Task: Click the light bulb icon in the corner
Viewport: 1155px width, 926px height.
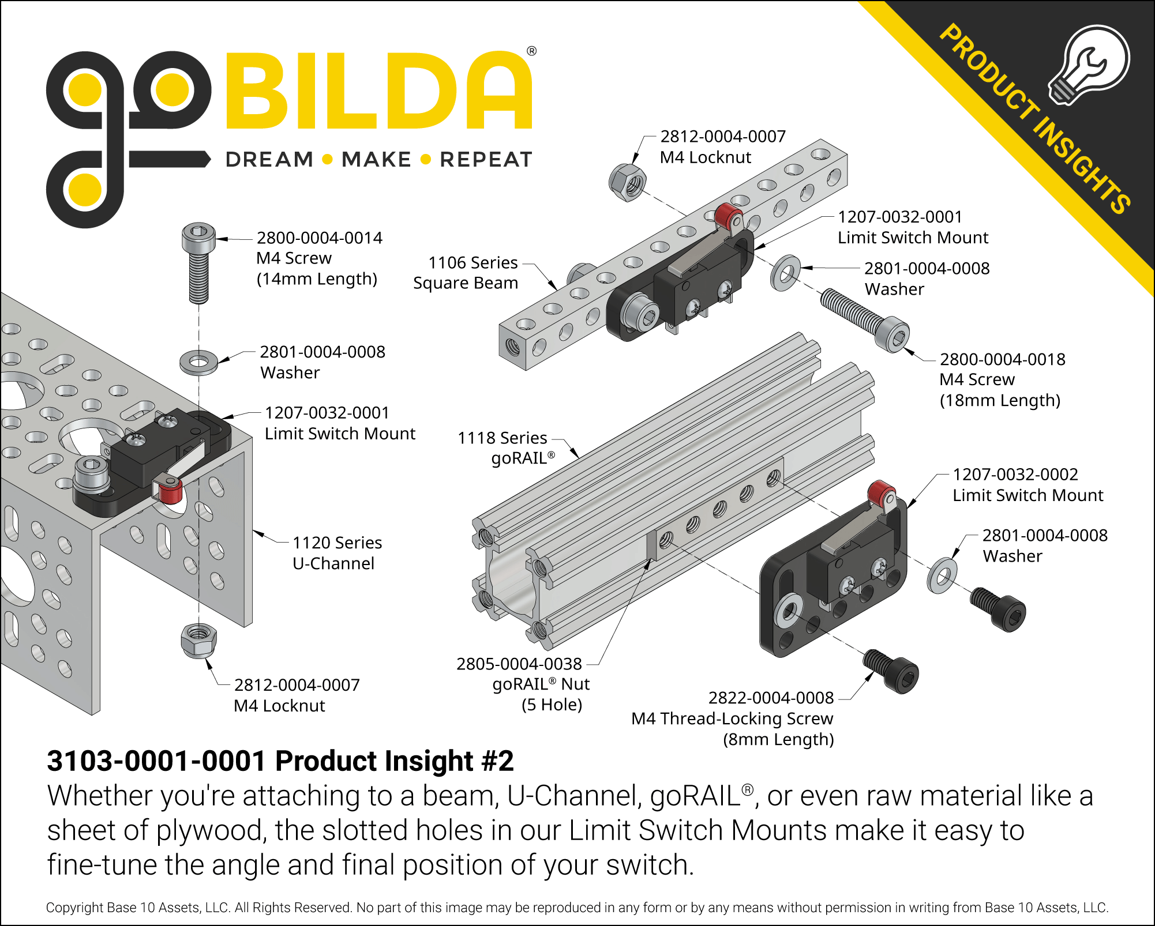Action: coord(1088,65)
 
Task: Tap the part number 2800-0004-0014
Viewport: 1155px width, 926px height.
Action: coord(319,238)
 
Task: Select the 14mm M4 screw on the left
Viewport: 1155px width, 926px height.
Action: coord(198,263)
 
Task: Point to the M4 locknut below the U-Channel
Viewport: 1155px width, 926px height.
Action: coord(198,640)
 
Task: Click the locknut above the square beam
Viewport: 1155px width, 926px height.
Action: coord(628,182)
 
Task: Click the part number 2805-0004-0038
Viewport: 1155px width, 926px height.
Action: coord(519,664)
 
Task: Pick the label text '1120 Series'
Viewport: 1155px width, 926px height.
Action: coord(337,543)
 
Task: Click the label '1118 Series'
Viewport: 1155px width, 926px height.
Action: coord(502,438)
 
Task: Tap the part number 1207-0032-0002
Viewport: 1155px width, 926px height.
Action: coord(1015,474)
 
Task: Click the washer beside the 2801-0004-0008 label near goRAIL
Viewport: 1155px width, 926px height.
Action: coord(942,575)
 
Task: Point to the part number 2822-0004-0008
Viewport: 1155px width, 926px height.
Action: coord(771,698)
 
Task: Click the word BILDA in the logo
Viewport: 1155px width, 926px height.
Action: coord(379,91)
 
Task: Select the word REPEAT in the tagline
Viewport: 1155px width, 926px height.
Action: coord(486,159)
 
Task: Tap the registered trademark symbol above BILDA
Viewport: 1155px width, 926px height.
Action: coord(531,51)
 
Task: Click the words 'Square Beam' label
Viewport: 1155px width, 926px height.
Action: coord(466,283)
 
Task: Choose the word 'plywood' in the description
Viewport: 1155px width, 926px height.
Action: coord(210,831)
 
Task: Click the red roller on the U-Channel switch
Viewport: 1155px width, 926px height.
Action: coord(170,491)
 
